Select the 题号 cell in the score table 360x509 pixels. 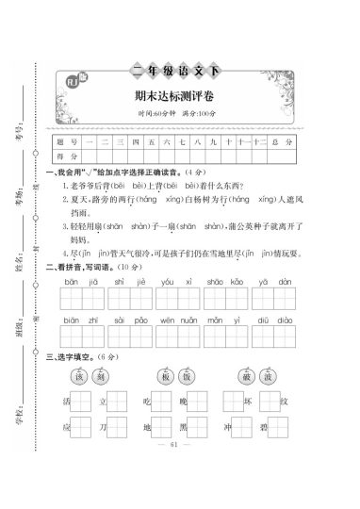tap(66, 141)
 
